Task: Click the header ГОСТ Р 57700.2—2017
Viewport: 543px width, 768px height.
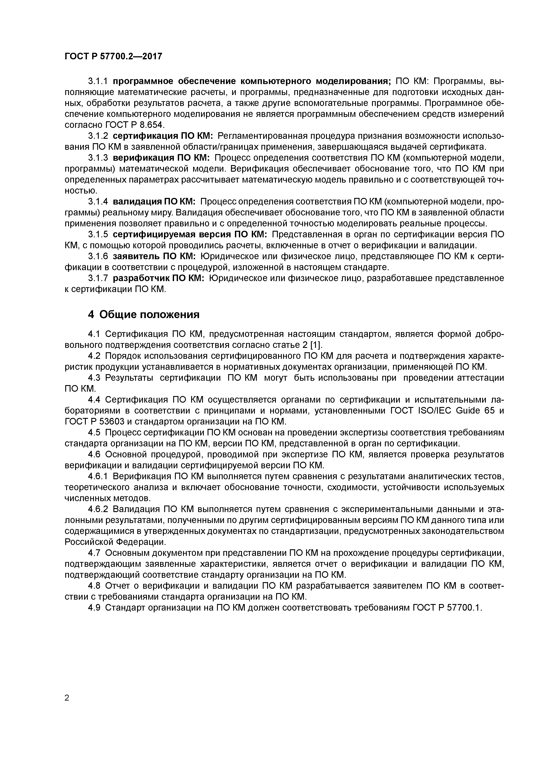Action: click(113, 56)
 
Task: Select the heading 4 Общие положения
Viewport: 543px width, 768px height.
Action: click(144, 314)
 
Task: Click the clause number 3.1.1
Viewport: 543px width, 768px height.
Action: click(98, 81)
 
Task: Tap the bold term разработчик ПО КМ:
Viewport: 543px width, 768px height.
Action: click(159, 278)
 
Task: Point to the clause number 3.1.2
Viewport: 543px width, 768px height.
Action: click(98, 136)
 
